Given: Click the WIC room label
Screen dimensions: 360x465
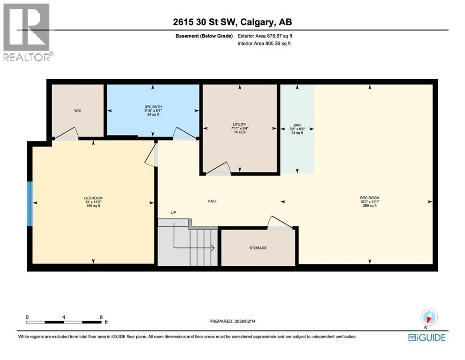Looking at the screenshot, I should tap(77, 111).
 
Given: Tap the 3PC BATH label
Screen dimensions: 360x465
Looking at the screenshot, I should tap(153, 107).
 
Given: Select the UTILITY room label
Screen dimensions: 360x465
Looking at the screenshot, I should tap(240, 125).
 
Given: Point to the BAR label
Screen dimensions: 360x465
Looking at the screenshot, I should tap(296, 125).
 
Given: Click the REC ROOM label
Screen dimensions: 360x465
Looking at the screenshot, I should tap(369, 198).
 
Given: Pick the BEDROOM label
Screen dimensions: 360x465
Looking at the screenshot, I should tap(93, 198).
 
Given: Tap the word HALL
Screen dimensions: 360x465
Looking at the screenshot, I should tap(212, 201).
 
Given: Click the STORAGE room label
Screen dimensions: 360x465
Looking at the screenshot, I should tap(258, 247).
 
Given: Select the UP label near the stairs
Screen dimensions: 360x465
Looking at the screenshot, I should tap(173, 213).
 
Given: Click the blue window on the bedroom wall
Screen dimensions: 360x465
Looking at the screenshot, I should tap(30, 203).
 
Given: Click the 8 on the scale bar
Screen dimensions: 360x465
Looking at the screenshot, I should tap(101, 317).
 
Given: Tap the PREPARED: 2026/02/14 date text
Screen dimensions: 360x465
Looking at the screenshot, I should tap(232, 321).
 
